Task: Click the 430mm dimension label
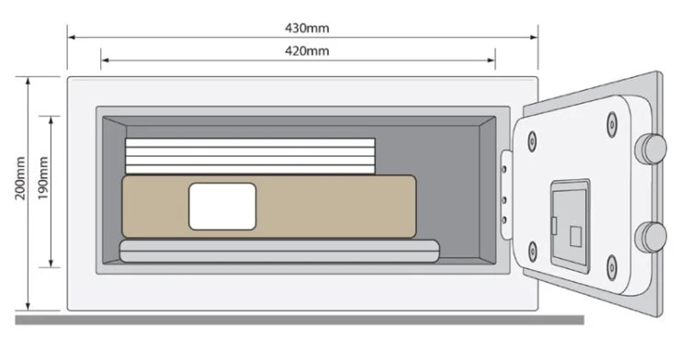[307, 28]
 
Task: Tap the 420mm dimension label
[307, 51]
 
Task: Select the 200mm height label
[20, 178]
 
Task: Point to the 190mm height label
[42, 178]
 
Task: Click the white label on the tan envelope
[222, 207]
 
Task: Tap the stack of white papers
[250, 156]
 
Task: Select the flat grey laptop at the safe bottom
[279, 251]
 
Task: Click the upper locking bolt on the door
[651, 150]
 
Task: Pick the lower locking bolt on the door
[651, 237]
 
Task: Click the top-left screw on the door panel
[532, 141]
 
